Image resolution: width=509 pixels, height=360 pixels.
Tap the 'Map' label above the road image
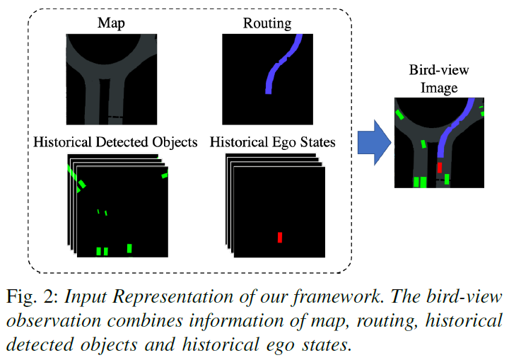coord(112,23)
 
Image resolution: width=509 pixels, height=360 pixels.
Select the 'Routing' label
coord(267,23)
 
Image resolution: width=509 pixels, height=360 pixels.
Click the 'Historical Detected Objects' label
coord(115,142)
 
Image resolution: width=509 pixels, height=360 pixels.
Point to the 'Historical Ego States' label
coord(273,142)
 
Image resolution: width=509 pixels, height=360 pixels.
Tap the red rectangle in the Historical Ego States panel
coord(280,237)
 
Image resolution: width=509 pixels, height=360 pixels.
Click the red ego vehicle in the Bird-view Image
coord(440,168)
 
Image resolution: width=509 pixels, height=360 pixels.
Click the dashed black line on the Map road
coord(115,117)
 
